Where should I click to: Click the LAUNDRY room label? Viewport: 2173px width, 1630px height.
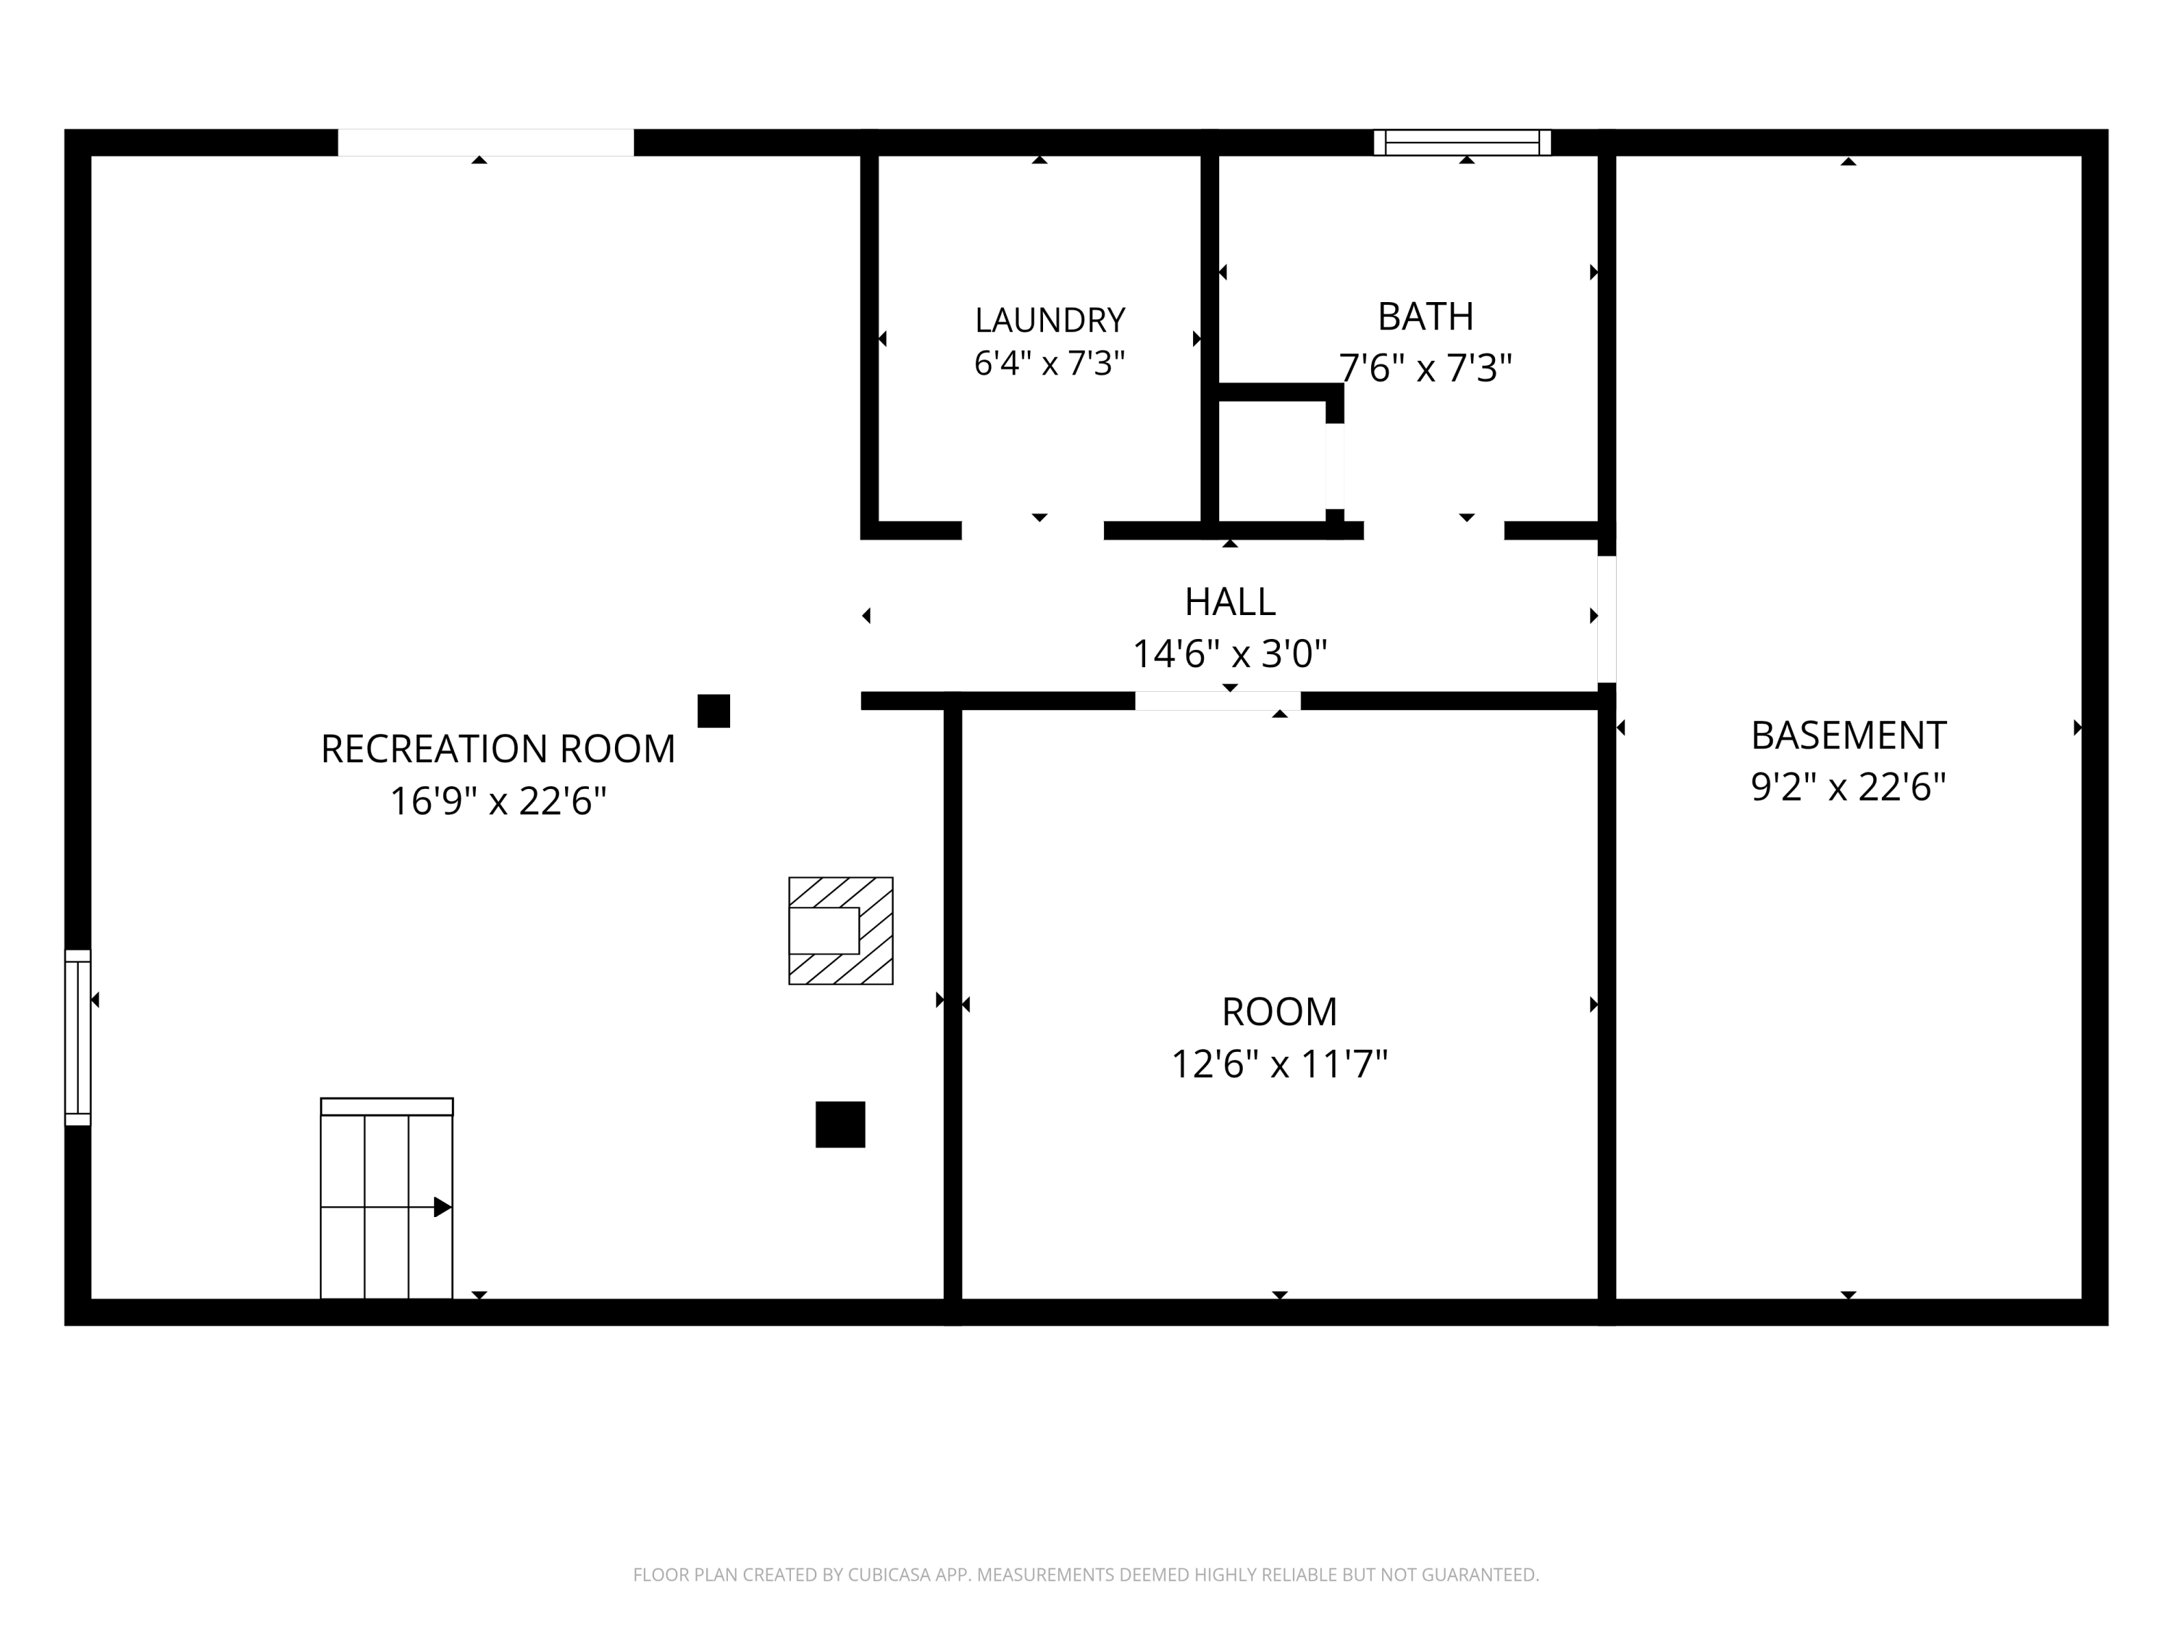pos(1049,319)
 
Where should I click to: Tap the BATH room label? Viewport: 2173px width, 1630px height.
pos(1425,317)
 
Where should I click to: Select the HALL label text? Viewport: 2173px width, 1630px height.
pos(1230,601)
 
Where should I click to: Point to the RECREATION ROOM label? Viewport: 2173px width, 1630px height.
pos(498,748)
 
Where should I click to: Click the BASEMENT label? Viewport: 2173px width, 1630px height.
pos(1848,735)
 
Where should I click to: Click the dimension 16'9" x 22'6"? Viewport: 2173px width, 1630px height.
pos(498,801)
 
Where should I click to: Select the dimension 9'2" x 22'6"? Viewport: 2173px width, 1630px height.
pos(1848,787)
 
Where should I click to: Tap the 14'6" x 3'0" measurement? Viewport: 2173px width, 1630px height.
pos(1230,653)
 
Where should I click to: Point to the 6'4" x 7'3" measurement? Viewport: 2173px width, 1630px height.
pos(1049,364)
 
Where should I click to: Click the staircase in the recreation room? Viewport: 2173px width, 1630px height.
pos(387,1198)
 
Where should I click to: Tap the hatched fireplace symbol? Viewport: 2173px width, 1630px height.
pos(841,930)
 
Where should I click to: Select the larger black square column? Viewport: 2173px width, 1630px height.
pos(840,1124)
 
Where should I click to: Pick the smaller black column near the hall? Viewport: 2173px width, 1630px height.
pos(714,711)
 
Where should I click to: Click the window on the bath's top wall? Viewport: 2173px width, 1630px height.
pos(1462,143)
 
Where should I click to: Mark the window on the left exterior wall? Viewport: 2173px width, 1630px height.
pos(78,1037)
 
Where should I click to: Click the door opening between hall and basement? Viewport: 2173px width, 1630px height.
pos(1606,619)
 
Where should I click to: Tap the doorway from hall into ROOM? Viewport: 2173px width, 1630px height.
pos(1218,701)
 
